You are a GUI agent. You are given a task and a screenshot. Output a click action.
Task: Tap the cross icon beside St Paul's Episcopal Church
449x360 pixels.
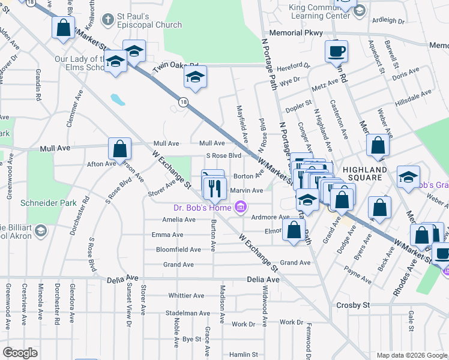[107, 19]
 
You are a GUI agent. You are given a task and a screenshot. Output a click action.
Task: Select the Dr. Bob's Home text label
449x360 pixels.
[203, 208]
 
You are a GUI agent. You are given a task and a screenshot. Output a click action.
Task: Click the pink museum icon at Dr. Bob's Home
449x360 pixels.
[241, 208]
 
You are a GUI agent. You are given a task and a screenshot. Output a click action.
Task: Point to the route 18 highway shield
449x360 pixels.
[184, 103]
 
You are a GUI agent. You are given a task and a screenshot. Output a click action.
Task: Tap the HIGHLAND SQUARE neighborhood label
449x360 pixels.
[367, 173]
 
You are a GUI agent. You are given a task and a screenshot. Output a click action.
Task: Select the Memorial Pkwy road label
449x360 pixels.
[296, 33]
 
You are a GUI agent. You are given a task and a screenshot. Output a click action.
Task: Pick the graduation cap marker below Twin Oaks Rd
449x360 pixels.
[194, 76]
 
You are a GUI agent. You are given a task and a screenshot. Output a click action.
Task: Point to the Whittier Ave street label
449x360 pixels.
[187, 295]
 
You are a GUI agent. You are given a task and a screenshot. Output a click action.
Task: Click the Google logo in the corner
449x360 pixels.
[19, 353]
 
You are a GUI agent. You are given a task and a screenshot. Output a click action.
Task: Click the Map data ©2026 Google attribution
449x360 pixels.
[411, 355]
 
